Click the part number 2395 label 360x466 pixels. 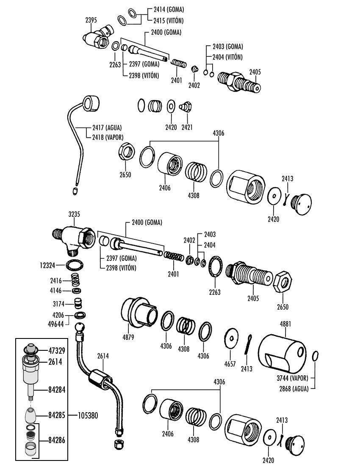(91, 20)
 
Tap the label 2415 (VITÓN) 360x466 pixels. (169, 21)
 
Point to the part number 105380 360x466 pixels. (88, 415)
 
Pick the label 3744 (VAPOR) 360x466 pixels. (292, 378)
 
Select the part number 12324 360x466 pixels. (47, 265)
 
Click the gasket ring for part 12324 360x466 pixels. (75, 265)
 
